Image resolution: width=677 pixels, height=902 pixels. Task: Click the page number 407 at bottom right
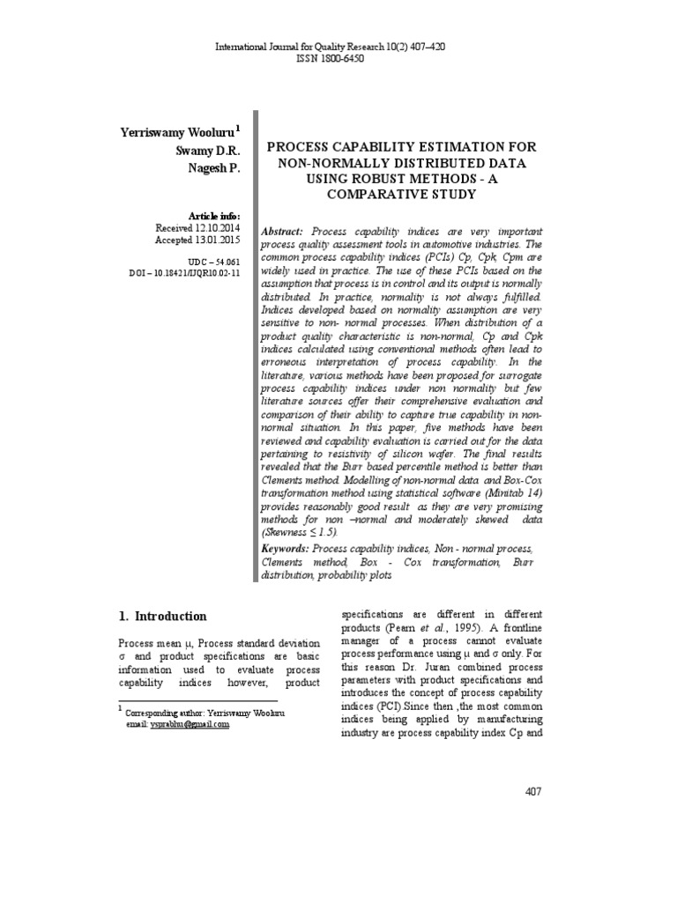(532, 791)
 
